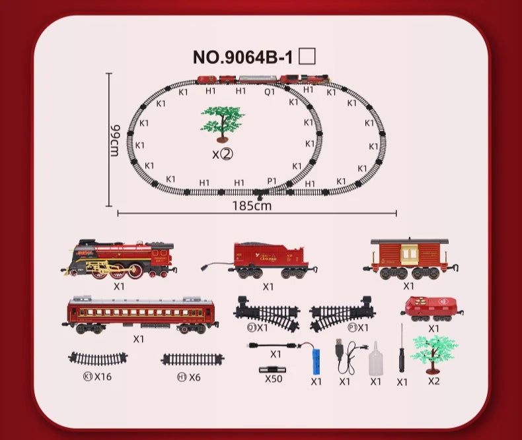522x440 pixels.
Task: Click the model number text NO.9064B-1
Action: (242, 57)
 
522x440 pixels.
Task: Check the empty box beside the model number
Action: (307, 56)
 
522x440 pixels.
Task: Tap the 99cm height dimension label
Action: (114, 140)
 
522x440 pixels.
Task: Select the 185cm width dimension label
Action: (252, 205)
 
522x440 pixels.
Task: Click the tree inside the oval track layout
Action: (222, 123)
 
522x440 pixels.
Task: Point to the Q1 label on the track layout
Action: (270, 92)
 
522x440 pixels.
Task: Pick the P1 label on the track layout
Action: (272, 181)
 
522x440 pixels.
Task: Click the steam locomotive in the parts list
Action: (120, 259)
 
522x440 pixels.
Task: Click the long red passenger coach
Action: (141, 315)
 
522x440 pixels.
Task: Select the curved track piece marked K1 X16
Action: (98, 359)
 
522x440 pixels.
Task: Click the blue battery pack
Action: (316, 361)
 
